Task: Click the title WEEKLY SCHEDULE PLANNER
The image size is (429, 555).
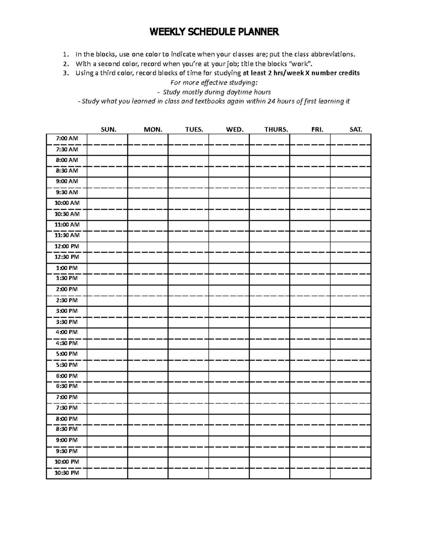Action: tap(214, 32)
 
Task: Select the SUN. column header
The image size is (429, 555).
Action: tap(108, 130)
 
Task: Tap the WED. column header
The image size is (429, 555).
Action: tap(235, 130)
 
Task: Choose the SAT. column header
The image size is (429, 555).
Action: tap(355, 130)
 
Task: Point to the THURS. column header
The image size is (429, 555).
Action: tap(276, 130)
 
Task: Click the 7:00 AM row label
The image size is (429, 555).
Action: tap(66, 138)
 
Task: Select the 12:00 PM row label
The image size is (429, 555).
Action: tap(66, 246)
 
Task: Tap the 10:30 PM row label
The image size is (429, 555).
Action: tap(66, 473)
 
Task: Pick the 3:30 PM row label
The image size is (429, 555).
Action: tap(66, 322)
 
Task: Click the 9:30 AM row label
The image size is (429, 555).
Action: tap(66, 192)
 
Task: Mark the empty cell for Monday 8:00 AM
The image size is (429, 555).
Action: tap(148, 160)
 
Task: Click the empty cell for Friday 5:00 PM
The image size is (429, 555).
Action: tap(310, 354)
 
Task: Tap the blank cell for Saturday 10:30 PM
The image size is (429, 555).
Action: tap(350, 473)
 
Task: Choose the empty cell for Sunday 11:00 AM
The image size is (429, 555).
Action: tap(107, 225)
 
